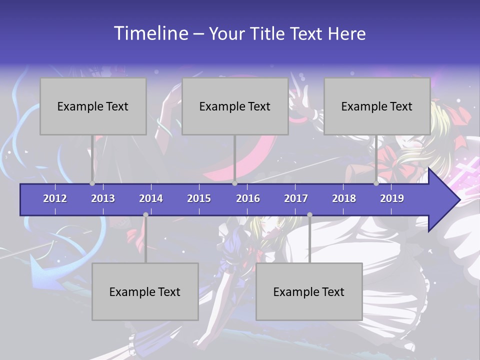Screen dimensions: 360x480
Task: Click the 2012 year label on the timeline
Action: point(55,198)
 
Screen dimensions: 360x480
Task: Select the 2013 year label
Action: point(103,198)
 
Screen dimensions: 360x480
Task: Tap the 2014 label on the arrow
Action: point(151,198)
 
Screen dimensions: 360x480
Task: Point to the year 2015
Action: point(199,198)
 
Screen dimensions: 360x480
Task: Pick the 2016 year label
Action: point(248,198)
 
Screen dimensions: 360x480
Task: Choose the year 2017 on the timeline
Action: point(296,198)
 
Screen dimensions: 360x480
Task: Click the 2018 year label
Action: point(344,198)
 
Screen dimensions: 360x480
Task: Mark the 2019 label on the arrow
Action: point(392,198)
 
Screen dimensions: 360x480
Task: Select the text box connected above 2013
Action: point(93,106)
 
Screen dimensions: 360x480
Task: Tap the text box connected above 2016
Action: point(235,106)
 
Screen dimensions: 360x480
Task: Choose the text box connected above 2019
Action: point(377,106)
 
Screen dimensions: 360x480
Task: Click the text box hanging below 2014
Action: point(145,291)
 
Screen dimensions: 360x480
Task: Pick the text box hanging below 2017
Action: point(309,291)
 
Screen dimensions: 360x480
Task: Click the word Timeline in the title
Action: point(151,33)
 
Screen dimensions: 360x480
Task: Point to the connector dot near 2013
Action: point(92,183)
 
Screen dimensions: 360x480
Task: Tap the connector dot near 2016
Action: point(234,183)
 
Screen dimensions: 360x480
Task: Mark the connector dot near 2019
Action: point(376,183)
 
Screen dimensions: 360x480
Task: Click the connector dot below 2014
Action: point(145,215)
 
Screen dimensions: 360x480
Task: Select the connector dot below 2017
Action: point(309,215)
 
